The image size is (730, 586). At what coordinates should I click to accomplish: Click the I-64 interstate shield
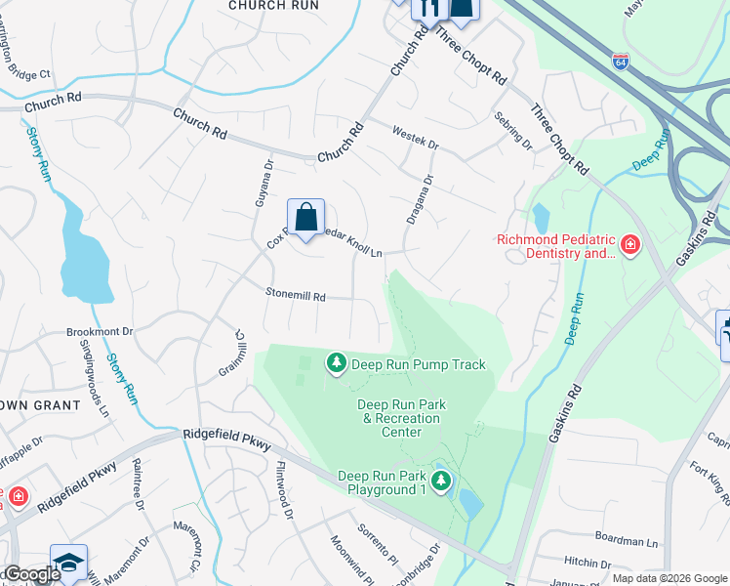(x=621, y=61)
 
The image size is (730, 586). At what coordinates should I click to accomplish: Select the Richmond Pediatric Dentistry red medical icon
(x=630, y=244)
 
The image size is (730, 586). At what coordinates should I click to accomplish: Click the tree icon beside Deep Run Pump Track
(x=337, y=364)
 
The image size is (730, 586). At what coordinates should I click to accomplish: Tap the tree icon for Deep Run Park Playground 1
(x=442, y=481)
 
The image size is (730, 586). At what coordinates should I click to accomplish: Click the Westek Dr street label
(x=415, y=137)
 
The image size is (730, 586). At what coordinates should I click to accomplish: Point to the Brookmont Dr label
(x=99, y=332)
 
